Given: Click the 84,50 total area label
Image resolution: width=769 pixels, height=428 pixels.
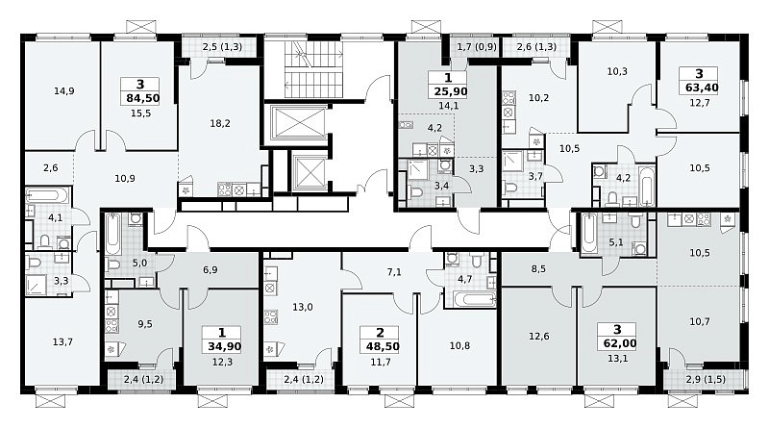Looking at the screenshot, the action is coord(142,98).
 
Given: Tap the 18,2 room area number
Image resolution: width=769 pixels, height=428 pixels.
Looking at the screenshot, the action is coord(220,124).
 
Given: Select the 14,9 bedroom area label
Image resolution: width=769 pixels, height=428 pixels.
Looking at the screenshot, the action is coord(64,90).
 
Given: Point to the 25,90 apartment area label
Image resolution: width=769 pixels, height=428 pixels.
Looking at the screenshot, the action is coord(451,91).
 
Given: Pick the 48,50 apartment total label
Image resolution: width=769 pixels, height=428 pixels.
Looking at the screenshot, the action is coord(383,346).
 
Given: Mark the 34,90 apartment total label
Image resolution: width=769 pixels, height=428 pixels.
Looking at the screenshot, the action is coord(225,346).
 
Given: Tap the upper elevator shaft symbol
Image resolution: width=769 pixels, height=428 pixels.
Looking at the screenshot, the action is coord(298,122).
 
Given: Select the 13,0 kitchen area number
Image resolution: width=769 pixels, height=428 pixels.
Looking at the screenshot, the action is coord(303,307).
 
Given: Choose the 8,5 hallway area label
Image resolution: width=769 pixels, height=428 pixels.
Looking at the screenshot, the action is coord(538,269).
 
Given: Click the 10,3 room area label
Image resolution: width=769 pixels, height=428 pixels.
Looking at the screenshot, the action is coord(617,71).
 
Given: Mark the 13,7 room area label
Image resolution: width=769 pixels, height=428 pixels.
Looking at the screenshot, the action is coord(62,341).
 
